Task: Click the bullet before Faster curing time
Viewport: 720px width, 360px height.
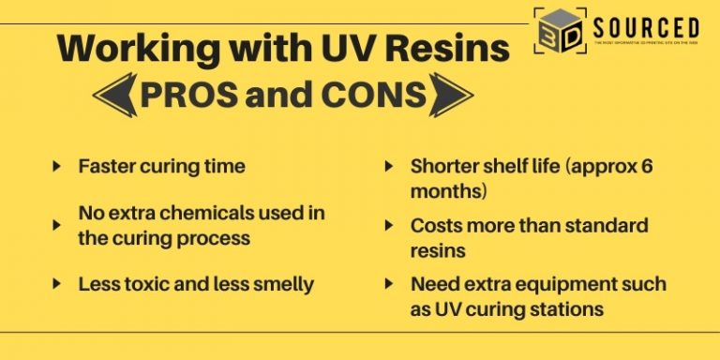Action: coord(58,167)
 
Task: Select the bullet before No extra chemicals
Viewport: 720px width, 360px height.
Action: coord(58,225)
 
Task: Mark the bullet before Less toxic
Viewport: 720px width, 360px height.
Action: coord(58,284)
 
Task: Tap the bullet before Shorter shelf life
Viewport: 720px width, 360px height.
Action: coord(389,167)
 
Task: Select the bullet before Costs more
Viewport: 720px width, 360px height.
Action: coord(389,226)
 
